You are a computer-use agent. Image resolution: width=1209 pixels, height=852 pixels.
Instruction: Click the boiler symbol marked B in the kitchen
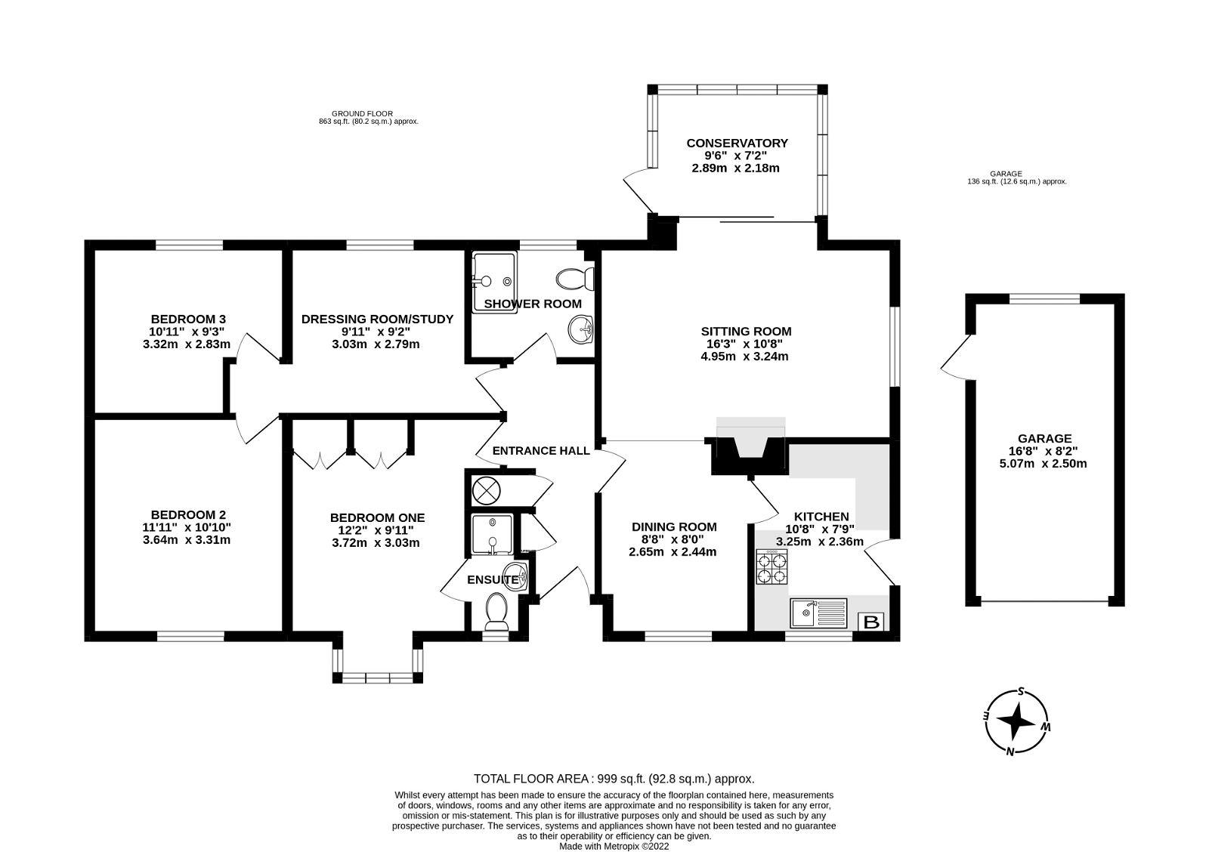click(x=871, y=622)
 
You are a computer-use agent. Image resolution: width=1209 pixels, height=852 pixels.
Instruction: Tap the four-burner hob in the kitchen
click(x=771, y=566)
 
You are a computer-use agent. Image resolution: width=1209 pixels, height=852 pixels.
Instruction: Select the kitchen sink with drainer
click(x=818, y=613)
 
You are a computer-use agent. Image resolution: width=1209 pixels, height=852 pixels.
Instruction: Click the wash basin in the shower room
click(x=581, y=329)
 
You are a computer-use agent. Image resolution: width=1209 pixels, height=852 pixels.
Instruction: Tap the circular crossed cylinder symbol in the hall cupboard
click(x=487, y=491)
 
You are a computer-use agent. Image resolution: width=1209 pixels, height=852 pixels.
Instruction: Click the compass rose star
click(x=1016, y=721)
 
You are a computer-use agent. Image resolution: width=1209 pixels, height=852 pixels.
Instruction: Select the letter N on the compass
click(x=1010, y=752)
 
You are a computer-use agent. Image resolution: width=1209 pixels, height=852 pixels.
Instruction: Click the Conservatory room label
click(x=737, y=143)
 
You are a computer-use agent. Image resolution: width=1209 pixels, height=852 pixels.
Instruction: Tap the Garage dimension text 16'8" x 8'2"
click(x=1044, y=451)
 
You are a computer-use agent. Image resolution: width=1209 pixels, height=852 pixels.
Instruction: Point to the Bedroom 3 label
click(x=188, y=319)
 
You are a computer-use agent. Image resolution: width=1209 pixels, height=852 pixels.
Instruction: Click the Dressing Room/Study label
click(x=377, y=319)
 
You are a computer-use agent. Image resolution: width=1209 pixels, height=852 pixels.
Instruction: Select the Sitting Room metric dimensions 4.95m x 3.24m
click(x=745, y=356)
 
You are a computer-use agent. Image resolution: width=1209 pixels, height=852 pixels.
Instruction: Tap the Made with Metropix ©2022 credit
click(x=614, y=847)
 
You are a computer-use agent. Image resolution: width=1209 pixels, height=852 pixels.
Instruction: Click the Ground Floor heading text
click(x=362, y=114)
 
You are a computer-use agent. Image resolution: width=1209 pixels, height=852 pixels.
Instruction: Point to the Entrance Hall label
click(x=541, y=451)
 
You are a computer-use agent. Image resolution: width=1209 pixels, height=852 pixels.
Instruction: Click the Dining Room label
click(x=674, y=526)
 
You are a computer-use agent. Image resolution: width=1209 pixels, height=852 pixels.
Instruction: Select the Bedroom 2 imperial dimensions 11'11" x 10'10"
click(x=187, y=527)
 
